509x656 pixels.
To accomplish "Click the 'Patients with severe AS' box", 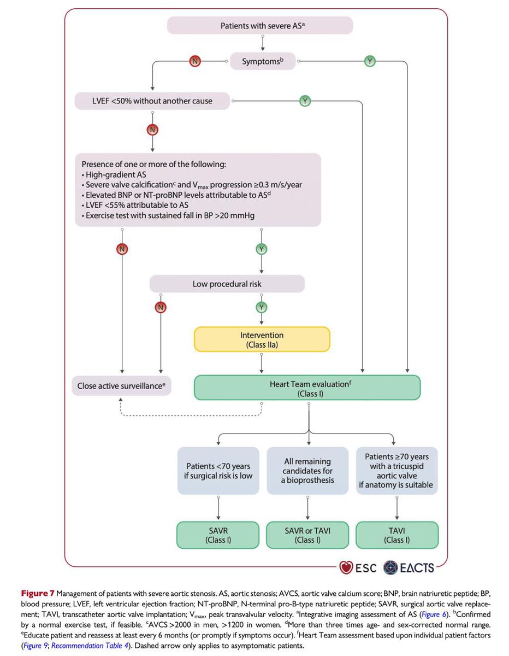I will (x=259, y=25).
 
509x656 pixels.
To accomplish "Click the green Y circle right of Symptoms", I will (x=370, y=61).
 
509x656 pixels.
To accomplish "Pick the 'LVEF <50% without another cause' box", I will (x=151, y=101).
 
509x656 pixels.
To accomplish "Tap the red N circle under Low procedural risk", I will (x=160, y=307).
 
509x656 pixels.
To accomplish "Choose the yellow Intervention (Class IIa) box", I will (x=262, y=339).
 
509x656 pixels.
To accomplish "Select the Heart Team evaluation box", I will (x=307, y=388).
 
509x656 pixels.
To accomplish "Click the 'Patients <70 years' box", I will (x=217, y=471).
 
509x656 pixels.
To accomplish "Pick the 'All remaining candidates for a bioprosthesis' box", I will (x=307, y=471).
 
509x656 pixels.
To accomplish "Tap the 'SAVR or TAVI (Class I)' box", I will (x=307, y=535).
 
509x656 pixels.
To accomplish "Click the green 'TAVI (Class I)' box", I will (x=396, y=535).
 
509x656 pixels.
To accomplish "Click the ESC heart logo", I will (x=346, y=567).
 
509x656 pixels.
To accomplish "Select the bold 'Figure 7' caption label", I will (x=37, y=593).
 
